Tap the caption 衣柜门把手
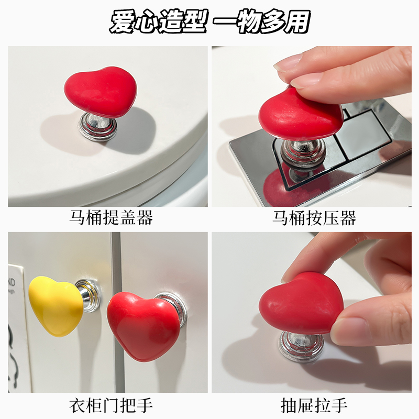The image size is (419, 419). point(111,404)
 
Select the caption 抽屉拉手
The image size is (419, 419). point(314,404)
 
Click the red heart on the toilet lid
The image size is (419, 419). point(101,91)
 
